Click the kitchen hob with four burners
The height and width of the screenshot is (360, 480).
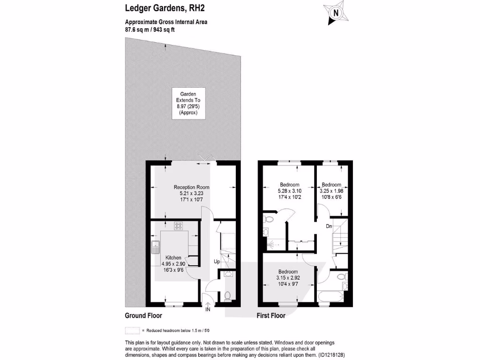coord(179,226)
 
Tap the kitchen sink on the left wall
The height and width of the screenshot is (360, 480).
coord(156,247)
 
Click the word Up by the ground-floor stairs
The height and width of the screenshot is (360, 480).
coord(217,261)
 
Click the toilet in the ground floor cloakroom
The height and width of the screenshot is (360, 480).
coord(228,296)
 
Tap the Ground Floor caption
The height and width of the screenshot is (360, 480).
coord(143,316)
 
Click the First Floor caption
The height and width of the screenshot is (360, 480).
coord(271,316)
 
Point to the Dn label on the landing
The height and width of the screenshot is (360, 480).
coord(330,226)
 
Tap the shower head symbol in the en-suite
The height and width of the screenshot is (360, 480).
coord(270,244)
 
